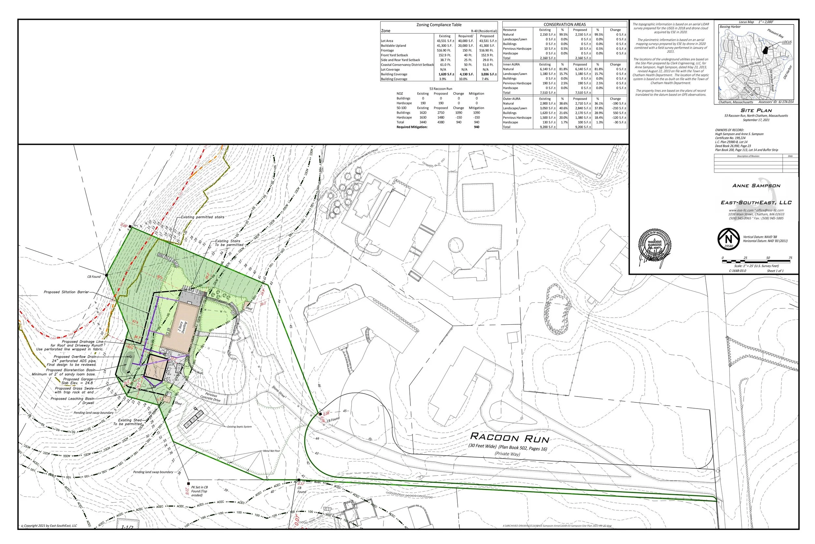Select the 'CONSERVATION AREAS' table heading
[x=565, y=24]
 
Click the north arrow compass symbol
[x=729, y=239]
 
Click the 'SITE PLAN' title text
[x=756, y=111]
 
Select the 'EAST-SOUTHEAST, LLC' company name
[x=756, y=203]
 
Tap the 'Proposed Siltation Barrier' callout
[x=66, y=292]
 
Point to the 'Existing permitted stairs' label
[x=202, y=217]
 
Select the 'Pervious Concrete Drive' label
[x=210, y=397]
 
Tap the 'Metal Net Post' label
[x=271, y=451]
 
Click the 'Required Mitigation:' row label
[x=412, y=127]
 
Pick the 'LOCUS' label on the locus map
[x=787, y=42]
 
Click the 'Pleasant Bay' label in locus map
[x=775, y=34]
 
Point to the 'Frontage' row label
[x=387, y=51]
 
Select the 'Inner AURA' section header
[x=511, y=65]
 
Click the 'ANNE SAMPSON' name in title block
[x=756, y=186]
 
